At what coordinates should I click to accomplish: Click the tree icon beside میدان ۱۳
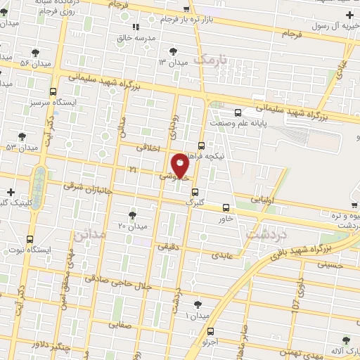(174, 51)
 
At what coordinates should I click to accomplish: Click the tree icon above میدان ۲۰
(132, 214)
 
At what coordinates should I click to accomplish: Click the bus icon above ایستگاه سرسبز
(53, 91)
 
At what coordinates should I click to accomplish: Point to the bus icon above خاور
(226, 207)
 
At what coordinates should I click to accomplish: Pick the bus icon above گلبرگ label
(195, 192)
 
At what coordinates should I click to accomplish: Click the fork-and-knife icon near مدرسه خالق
(136, 27)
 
